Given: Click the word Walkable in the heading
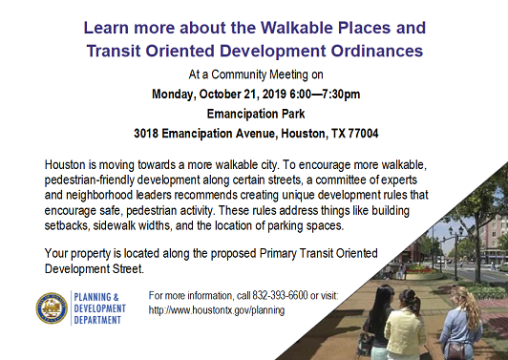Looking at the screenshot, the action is coord(297,28).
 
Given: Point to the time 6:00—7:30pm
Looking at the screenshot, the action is coord(325,95).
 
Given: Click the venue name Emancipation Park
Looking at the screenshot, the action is coord(256,114).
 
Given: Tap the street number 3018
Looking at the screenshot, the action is coord(146,134).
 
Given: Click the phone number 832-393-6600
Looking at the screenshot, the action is coord(280,295).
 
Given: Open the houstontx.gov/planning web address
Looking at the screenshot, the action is coord(217,310).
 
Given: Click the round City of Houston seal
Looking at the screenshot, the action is coord(52,308).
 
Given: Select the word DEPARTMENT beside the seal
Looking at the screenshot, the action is coord(97,320).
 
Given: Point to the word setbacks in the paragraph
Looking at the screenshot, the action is coord(67,225).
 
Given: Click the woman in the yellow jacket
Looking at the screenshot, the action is coord(404,328).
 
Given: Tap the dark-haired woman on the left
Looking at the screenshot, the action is coord(377,321).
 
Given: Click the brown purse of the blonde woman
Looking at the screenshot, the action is coord(455,349).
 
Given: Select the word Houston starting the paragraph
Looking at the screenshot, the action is coord(66,164).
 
